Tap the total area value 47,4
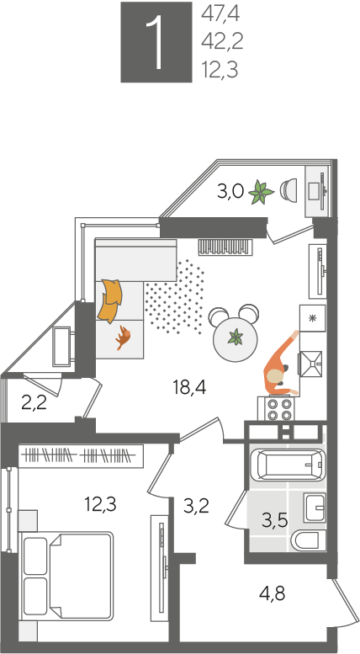[x=220, y=14]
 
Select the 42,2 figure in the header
[x=222, y=42]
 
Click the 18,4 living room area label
[x=190, y=388]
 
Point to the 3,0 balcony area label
[x=230, y=192]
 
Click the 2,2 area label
[x=34, y=403]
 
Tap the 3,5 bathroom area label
[x=275, y=521]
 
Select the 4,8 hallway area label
[x=272, y=593]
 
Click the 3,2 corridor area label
[x=196, y=507]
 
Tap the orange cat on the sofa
[x=124, y=337]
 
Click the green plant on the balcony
[x=261, y=192]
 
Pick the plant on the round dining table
[x=236, y=337]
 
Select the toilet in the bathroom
[x=308, y=541]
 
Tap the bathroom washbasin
[x=315, y=508]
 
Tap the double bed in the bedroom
[x=66, y=576]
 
